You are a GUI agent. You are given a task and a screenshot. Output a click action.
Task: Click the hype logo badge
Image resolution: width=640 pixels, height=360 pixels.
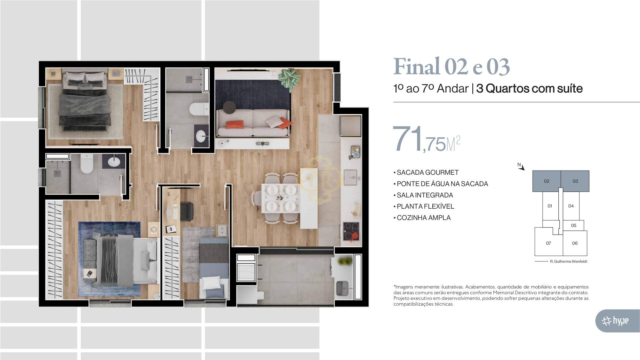(618, 321)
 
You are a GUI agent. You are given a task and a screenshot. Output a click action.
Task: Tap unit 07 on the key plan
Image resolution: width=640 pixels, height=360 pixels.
(548, 243)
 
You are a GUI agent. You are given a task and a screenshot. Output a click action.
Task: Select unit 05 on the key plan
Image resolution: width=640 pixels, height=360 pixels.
(573, 225)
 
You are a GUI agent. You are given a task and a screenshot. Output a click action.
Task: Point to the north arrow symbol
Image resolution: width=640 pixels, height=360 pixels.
(521, 166)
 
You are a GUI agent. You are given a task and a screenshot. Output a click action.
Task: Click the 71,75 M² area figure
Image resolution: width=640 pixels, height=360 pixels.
(427, 139)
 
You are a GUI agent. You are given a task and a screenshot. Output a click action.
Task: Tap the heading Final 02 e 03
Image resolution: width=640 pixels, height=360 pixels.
(452, 67)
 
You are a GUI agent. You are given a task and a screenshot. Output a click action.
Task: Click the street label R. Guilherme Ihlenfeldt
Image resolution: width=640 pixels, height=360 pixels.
(568, 261)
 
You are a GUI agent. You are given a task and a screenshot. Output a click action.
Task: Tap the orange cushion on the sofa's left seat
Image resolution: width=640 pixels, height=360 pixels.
(235, 124)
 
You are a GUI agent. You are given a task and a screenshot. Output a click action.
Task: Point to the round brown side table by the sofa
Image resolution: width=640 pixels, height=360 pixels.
(229, 107)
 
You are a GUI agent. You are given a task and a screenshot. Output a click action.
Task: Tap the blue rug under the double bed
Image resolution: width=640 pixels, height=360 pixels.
(109, 259)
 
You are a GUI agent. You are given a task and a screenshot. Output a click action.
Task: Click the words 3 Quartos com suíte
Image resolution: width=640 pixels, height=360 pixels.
(529, 88)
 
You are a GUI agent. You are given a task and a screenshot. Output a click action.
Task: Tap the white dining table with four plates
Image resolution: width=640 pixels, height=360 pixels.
(280, 198)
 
